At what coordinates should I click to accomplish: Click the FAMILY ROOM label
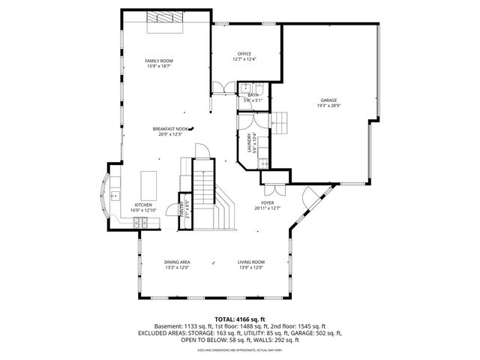coord(159,60)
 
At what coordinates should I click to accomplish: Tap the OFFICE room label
coord(244,54)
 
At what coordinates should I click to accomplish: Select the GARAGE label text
coord(328,100)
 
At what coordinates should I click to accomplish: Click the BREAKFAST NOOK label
coord(169,128)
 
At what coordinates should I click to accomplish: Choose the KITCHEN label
coord(143,205)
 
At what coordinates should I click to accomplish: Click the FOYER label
coord(267,202)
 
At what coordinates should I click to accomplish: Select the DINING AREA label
coord(177,262)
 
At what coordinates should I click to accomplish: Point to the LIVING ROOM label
coord(252,262)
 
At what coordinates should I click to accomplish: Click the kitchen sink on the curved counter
coord(116,196)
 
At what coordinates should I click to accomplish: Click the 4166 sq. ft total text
coord(239,319)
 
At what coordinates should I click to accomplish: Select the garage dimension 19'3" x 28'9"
coord(328,106)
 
